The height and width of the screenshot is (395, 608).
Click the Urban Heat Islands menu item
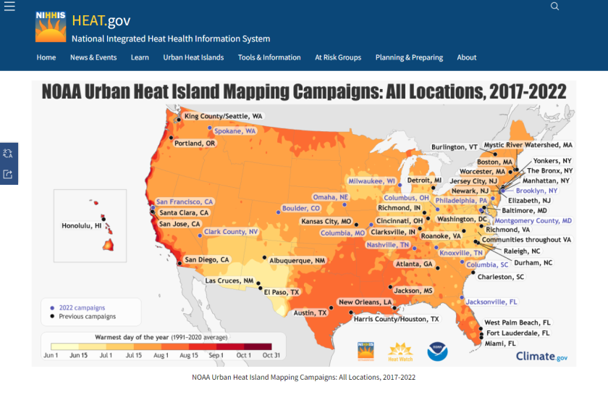[x=193, y=57]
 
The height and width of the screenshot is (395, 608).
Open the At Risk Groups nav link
[x=338, y=57]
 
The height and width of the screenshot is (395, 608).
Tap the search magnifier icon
[x=555, y=7]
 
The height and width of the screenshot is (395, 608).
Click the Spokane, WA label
[x=236, y=131]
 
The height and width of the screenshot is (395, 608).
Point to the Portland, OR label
[x=195, y=144]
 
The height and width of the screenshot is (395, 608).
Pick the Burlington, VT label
[x=455, y=147]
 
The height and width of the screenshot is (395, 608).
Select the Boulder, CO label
[x=300, y=209]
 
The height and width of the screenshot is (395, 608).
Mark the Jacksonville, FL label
[x=491, y=302]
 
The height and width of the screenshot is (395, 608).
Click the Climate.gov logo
[x=541, y=356]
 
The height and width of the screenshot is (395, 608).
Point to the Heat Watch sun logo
[x=401, y=351]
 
